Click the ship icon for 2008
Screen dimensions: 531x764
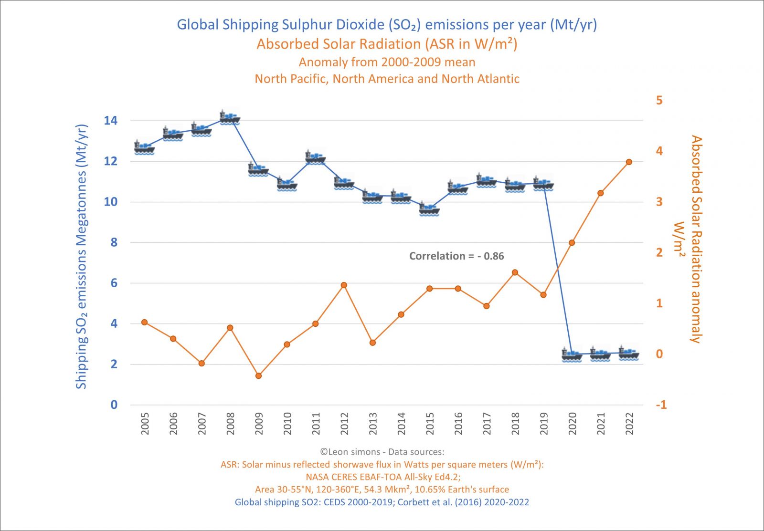click(x=230, y=117)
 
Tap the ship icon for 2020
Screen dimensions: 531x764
click(x=572, y=355)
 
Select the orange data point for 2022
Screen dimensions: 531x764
click(x=629, y=162)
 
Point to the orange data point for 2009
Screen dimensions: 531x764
click(x=258, y=376)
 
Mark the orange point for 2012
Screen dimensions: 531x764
click(x=344, y=285)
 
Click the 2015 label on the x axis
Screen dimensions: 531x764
click(x=430, y=424)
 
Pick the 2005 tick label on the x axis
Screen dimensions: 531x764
click(x=145, y=424)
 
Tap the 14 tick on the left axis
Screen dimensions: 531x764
click(x=111, y=121)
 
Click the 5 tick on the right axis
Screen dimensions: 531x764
click(x=659, y=100)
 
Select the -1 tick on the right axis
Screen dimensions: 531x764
click(x=661, y=405)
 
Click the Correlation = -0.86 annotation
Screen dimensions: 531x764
click(x=456, y=256)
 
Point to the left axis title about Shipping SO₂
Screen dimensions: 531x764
click(x=82, y=257)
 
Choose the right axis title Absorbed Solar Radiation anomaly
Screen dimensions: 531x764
click(x=696, y=239)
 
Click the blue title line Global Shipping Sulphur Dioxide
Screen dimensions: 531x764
click(x=387, y=25)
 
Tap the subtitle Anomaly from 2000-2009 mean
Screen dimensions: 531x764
click(x=387, y=62)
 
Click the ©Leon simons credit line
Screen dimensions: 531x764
click(x=382, y=452)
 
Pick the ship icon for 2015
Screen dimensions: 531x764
click(x=429, y=209)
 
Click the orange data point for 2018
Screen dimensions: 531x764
click(x=515, y=273)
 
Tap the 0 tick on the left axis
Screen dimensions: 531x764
click(x=114, y=405)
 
